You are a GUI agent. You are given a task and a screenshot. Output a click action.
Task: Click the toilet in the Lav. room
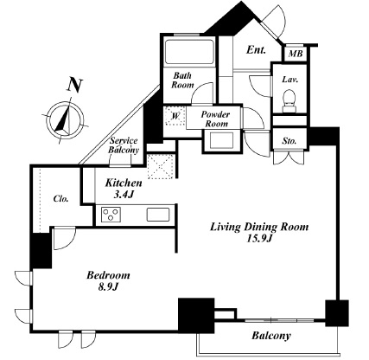point(289,101)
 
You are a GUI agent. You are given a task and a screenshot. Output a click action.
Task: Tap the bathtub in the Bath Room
point(189,52)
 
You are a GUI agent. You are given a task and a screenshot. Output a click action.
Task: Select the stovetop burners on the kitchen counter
point(111,215)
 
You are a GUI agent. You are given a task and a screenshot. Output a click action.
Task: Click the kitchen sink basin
point(158,215)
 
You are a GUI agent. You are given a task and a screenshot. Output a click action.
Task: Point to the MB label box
point(296,54)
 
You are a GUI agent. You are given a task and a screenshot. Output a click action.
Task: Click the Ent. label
point(256,50)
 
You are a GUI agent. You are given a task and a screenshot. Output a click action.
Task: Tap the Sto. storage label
point(289,141)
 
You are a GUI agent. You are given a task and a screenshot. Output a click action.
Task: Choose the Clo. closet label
point(60,199)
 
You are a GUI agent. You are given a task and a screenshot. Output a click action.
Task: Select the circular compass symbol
point(66,120)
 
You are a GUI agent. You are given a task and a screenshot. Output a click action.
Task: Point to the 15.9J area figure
point(259,239)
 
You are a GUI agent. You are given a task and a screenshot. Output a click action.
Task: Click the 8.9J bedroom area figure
point(109,287)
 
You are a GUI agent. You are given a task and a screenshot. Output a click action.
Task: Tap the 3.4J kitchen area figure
point(124,195)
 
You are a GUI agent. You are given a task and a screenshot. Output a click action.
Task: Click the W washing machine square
point(175,116)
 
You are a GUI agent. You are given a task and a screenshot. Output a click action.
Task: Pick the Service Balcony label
point(124,145)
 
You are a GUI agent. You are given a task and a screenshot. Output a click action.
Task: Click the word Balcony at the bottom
point(271,336)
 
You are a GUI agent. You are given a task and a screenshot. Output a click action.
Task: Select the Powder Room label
point(215,119)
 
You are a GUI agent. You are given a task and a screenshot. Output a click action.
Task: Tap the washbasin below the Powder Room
point(221,141)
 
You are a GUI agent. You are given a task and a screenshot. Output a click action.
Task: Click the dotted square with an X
point(161,166)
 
